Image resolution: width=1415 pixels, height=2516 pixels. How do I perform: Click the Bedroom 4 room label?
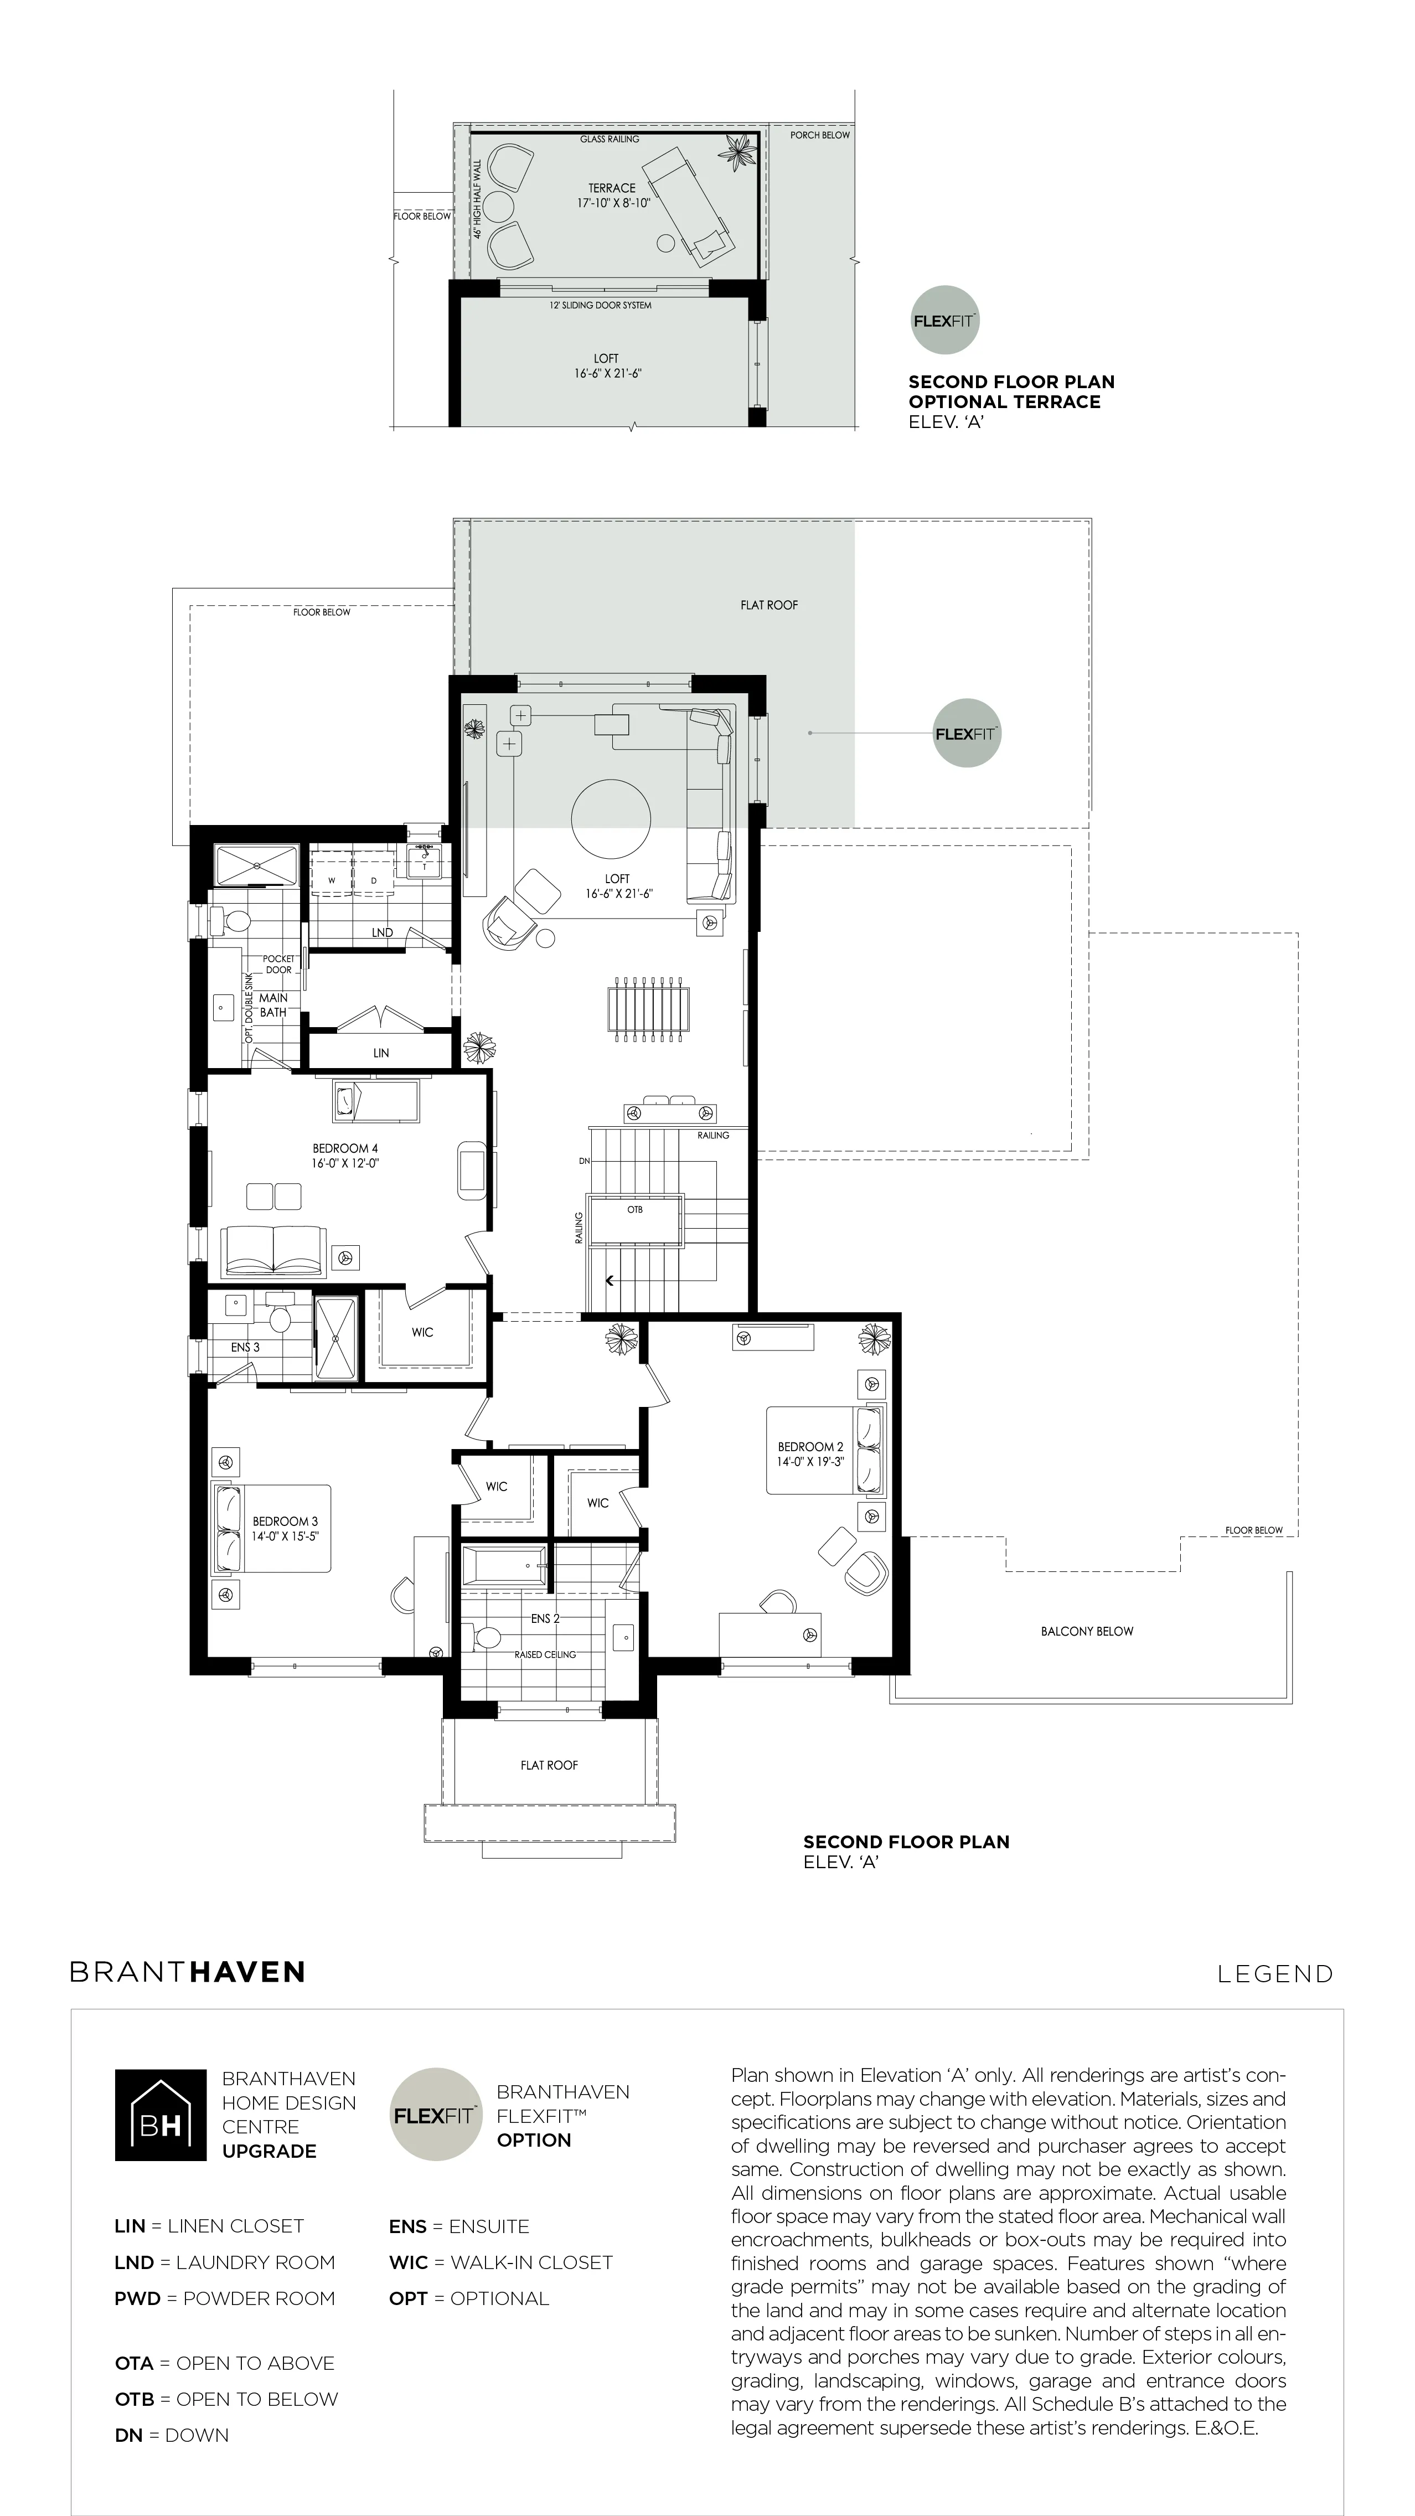pos(345,1148)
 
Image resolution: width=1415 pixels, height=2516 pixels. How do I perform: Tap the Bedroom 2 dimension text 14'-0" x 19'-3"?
pos(810,1462)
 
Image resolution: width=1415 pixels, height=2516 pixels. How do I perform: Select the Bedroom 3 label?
pos(285,1521)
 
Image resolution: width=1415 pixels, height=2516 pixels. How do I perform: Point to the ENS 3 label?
pos(245,1347)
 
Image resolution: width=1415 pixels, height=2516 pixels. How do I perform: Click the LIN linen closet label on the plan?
pos(381,1053)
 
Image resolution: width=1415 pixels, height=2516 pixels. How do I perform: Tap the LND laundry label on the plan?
pos(382,933)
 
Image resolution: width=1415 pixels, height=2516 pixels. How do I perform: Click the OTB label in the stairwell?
pos(635,1209)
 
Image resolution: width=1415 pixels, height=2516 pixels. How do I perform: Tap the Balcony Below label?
pos(1087,1631)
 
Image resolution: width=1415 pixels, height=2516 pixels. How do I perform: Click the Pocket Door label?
pos(278,964)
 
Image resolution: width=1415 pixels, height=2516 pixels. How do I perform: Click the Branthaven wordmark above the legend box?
pos(188,1972)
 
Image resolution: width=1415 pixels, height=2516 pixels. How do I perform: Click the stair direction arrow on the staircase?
pos(610,1281)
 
